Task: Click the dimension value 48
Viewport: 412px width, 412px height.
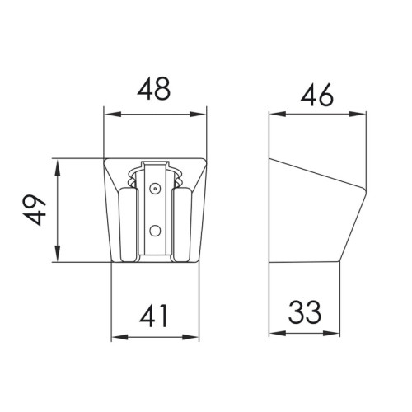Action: pyautogui.click(x=154, y=88)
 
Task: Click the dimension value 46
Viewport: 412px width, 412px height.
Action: pyautogui.click(x=317, y=95)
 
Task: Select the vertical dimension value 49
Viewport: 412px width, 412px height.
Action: pyautogui.click(x=35, y=210)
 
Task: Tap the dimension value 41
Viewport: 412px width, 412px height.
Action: pyautogui.click(x=153, y=316)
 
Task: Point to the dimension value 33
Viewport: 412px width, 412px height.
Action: pyautogui.click(x=305, y=312)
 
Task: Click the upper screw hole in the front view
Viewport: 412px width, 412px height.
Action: pyautogui.click(x=155, y=188)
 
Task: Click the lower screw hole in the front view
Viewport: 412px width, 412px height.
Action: pyautogui.click(x=155, y=231)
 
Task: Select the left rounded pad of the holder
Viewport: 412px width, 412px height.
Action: pyautogui.click(x=128, y=224)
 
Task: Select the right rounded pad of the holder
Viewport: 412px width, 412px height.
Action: pyautogui.click(x=182, y=224)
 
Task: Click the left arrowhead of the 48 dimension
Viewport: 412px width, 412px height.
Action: pyautogui.click(x=113, y=115)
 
